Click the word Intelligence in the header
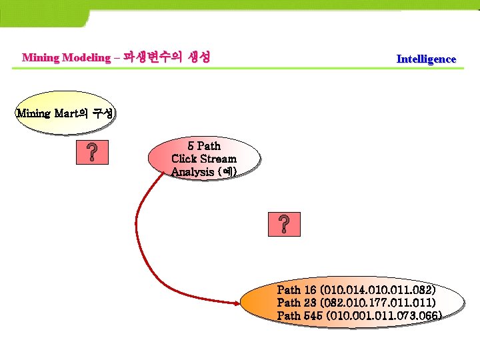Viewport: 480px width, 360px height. coord(426,59)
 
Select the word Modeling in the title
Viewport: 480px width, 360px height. coord(86,57)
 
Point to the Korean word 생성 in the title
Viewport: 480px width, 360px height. coord(196,57)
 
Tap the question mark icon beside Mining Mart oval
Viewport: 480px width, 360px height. coord(95,153)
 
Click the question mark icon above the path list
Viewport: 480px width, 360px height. coord(284,225)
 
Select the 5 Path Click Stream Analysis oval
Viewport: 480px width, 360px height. coord(204,159)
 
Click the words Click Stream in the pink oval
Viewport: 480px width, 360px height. coord(204,159)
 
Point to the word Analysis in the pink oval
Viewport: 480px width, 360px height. coord(193,172)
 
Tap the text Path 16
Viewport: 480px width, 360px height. coord(297,290)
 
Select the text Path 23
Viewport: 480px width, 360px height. coord(297,303)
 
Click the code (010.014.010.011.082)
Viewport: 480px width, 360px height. coord(378,290)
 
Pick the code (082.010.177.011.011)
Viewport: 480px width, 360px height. coord(378,303)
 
